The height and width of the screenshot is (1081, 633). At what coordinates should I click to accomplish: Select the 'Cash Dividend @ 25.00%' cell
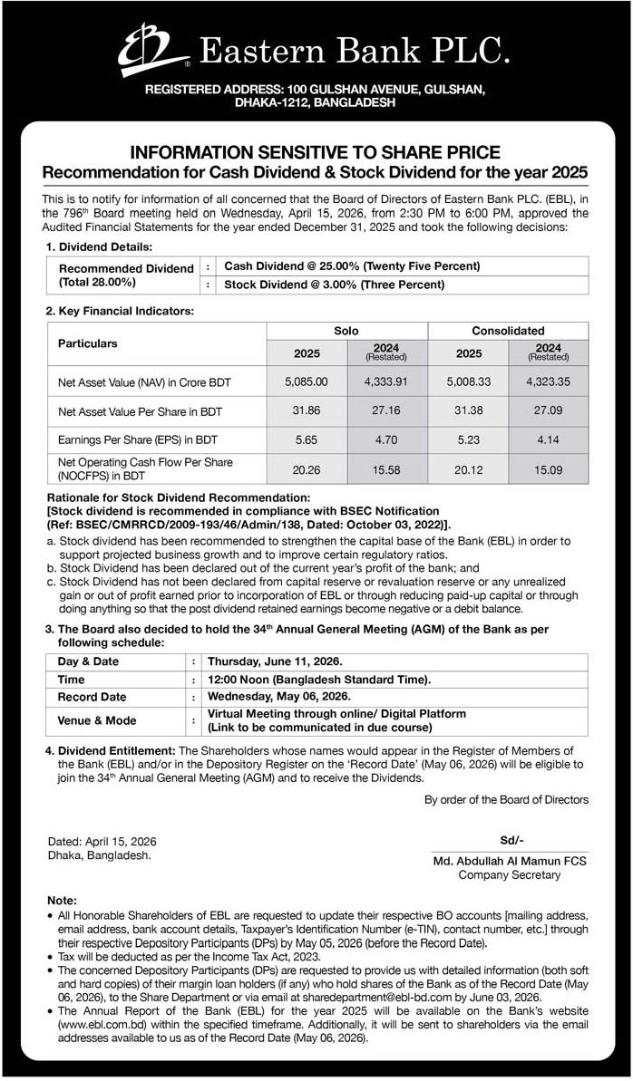point(351,266)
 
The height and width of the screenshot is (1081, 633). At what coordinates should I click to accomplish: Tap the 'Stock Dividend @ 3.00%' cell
point(334,285)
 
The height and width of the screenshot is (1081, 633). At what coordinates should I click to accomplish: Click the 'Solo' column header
point(346,331)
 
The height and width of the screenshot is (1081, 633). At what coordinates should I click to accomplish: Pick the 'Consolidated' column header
point(508,331)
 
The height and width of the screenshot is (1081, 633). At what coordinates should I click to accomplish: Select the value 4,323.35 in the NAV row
point(548,382)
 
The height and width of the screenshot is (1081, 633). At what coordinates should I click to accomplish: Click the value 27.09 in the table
point(548,411)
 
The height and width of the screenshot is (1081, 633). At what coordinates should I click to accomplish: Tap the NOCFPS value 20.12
point(468,468)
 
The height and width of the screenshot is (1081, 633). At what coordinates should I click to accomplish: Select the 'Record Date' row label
point(92,697)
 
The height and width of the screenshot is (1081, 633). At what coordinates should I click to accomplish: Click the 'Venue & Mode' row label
point(97,720)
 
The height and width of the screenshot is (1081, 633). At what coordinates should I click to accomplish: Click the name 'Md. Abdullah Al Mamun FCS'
point(510,862)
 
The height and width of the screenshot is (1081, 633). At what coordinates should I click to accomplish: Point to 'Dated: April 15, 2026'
point(102,841)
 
